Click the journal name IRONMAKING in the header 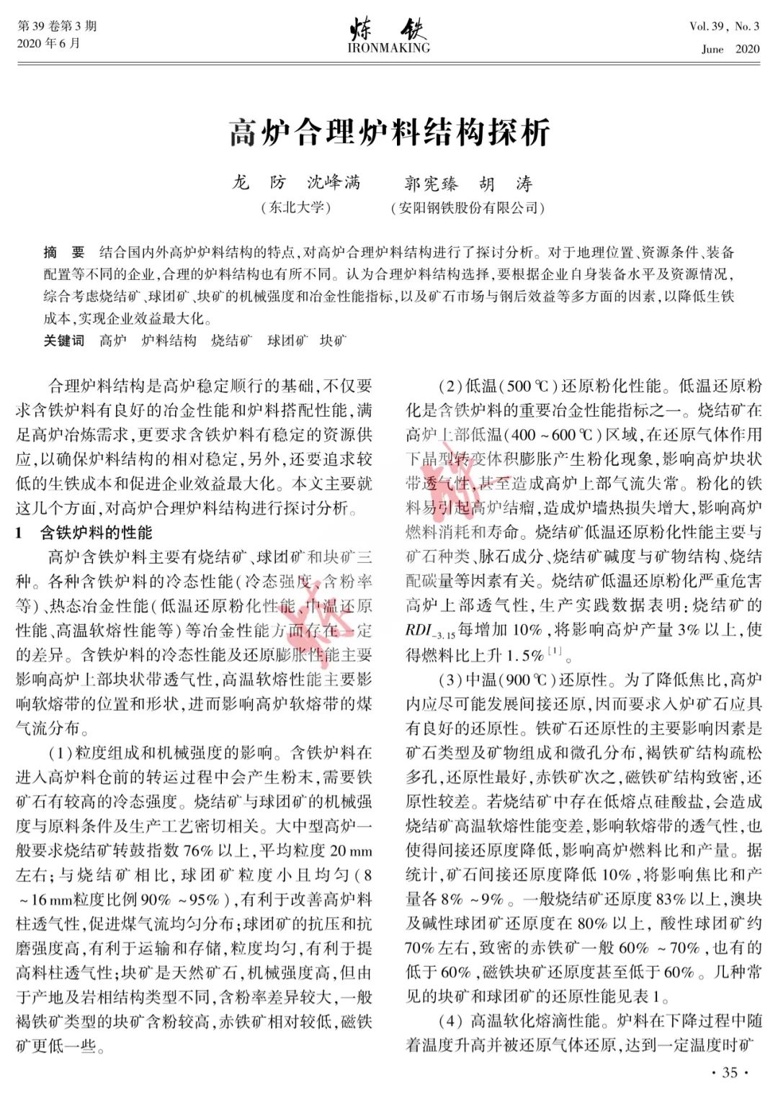(388, 48)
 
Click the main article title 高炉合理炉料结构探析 (389, 133)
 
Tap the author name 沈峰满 (334, 183)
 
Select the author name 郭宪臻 (431, 184)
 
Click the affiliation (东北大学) (295, 208)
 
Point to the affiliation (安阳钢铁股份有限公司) (468, 208)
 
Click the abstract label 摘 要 (64, 252)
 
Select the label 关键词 (63, 341)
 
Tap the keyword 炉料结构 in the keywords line (169, 341)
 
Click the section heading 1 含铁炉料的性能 (84, 533)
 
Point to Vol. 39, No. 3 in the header (724, 27)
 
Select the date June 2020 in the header (730, 49)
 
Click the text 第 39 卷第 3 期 (57, 27)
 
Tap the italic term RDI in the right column (418, 630)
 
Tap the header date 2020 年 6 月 (48, 44)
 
